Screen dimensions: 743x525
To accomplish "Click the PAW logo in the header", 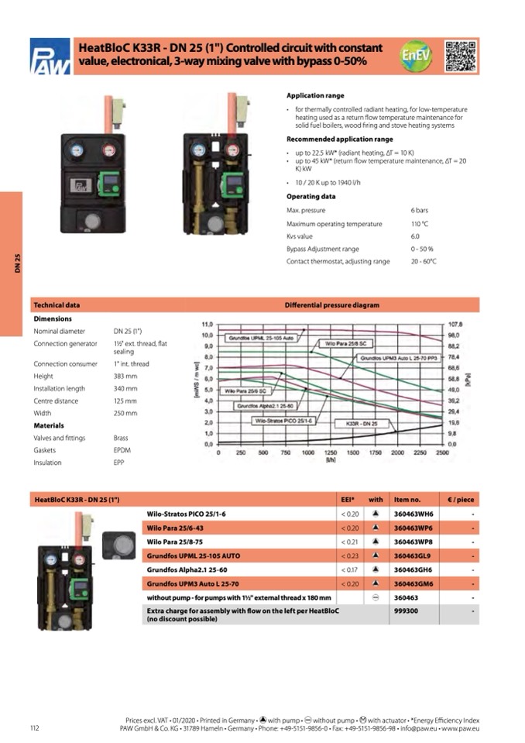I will coord(50,57).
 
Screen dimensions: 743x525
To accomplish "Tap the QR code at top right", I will coord(462,56).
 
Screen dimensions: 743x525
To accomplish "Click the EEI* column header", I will coord(348,500).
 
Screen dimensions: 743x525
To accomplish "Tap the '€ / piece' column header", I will coord(460,500).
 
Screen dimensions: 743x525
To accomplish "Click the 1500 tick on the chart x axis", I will coord(352,452).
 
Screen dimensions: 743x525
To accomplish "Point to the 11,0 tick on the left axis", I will coord(207,324).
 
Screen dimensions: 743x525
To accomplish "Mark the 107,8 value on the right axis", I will coord(455,324).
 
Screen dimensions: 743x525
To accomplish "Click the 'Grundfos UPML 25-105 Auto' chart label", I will coord(261,339).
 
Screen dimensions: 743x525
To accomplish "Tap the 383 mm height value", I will coord(125,377).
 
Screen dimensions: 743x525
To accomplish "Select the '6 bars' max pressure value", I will coord(419,211).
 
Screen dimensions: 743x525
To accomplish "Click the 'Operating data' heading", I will coord(311,197).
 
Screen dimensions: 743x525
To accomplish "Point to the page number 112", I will coord(34,728).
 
